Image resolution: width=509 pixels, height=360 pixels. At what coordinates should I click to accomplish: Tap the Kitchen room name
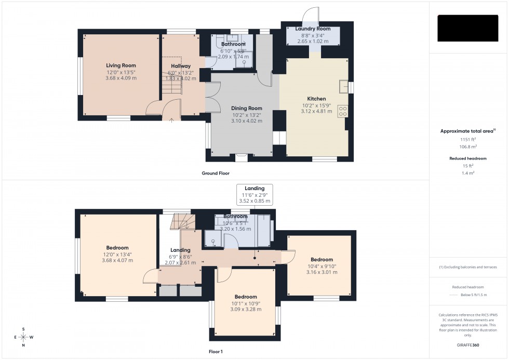316,99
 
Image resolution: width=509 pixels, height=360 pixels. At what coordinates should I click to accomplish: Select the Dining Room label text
247,108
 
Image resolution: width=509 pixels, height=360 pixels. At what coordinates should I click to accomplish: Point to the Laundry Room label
313,29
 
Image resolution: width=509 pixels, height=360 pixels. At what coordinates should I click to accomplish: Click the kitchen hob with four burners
343,111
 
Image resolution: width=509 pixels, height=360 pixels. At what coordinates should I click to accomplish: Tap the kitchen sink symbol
343,86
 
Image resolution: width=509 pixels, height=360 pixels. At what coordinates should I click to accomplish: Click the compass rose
23,337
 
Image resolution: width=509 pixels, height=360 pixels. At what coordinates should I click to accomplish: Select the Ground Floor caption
216,173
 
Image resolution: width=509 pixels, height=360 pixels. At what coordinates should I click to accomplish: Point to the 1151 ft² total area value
468,139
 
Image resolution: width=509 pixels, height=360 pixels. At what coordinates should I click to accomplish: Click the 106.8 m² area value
468,146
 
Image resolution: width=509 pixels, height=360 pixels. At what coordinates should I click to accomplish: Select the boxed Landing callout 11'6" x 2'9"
254,194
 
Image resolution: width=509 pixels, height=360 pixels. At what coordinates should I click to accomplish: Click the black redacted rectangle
468,28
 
